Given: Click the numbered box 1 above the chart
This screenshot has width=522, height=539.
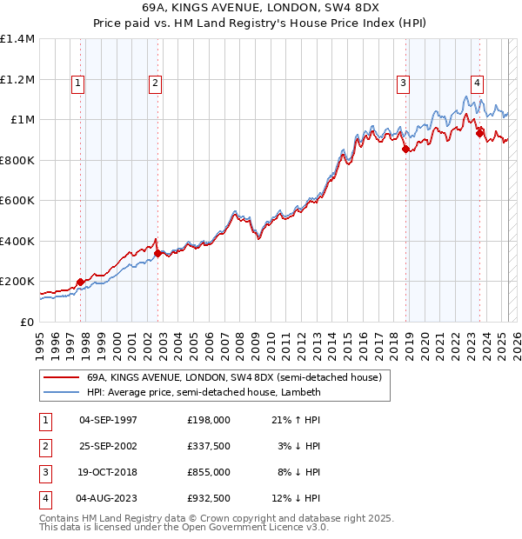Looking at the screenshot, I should [x=77, y=83].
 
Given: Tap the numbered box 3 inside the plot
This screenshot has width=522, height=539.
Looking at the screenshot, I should [x=404, y=83].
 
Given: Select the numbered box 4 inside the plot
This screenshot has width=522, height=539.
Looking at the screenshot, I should [x=478, y=83].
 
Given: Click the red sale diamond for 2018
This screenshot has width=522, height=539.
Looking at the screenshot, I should [x=405, y=150].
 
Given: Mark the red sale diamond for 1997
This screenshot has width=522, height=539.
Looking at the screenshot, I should [x=80, y=282].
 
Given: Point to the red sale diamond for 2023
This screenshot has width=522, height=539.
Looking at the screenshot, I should [x=479, y=133].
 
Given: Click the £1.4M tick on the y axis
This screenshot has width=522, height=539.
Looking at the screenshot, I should [x=17, y=39].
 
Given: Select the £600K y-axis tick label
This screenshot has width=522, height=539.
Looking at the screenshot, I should [x=17, y=201].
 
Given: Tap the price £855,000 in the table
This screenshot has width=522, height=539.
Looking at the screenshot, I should [x=208, y=472].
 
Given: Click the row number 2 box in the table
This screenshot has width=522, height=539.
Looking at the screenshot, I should [x=44, y=446].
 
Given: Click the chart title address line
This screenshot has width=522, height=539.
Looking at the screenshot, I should [x=261, y=9].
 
